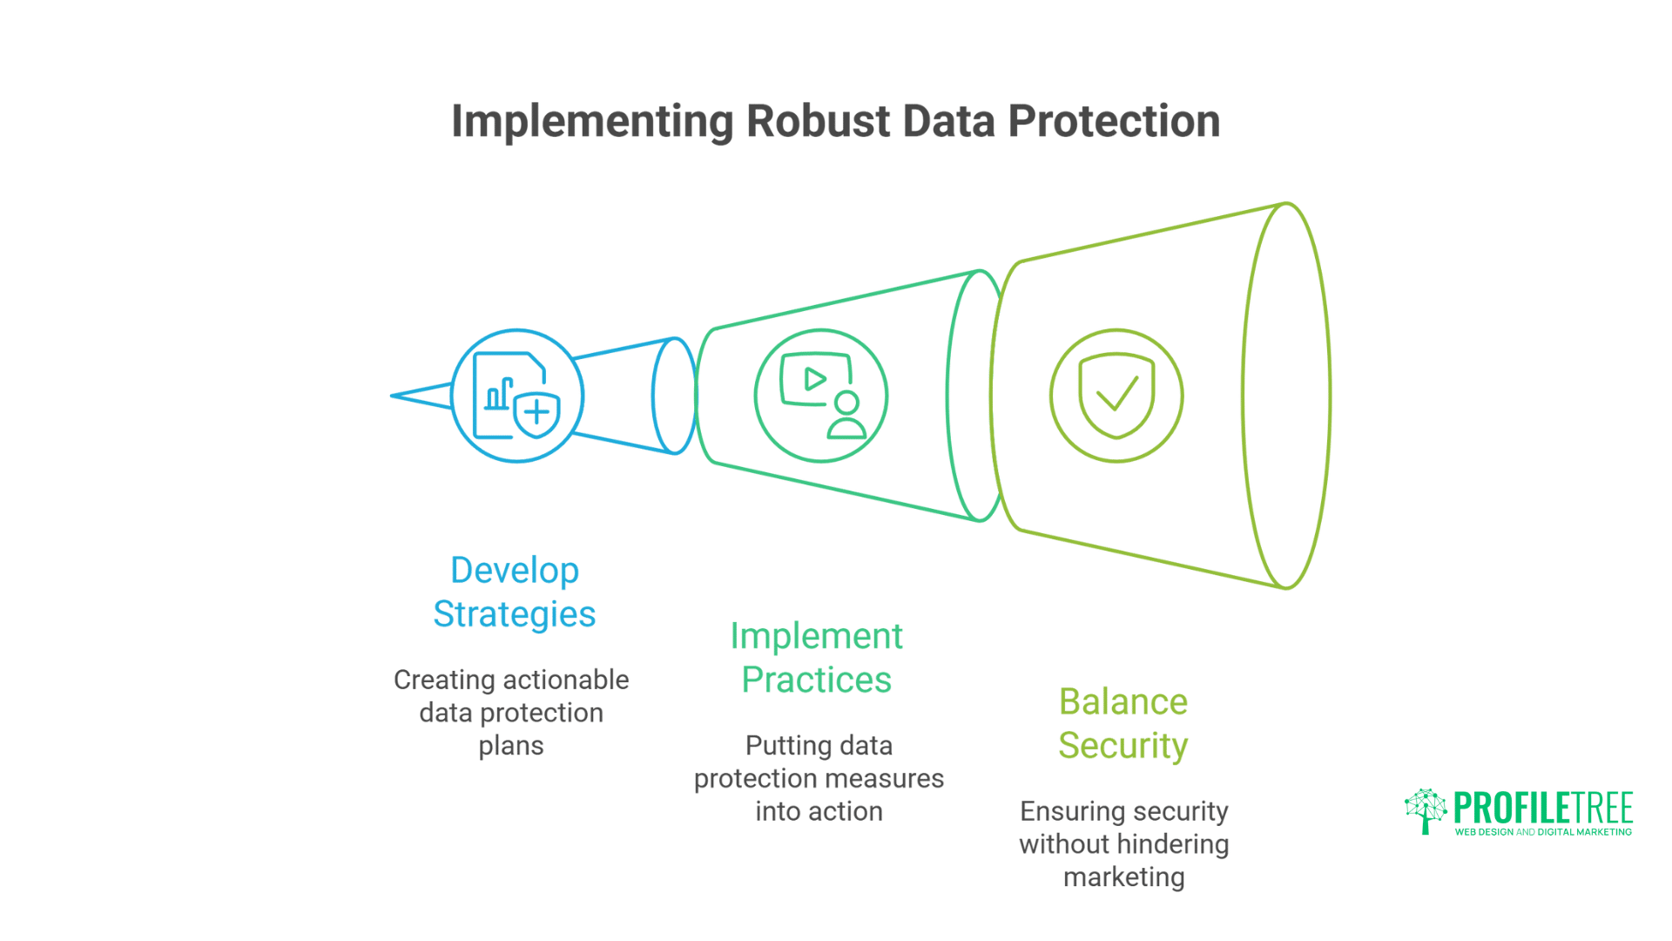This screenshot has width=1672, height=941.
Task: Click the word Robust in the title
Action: click(818, 121)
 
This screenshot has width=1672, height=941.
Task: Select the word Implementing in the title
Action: click(592, 121)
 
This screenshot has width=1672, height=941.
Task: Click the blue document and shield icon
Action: click(516, 396)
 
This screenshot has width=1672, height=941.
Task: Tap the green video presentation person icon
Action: click(820, 396)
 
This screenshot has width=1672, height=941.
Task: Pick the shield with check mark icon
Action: click(1116, 396)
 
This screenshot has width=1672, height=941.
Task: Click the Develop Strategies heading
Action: click(515, 592)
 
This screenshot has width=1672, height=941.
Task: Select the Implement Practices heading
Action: click(817, 658)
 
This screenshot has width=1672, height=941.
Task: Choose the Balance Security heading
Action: click(1123, 723)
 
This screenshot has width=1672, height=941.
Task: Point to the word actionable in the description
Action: click(552, 680)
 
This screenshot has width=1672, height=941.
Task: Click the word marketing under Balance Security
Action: click(1124, 877)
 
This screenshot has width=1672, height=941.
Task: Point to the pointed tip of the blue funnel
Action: click(394, 396)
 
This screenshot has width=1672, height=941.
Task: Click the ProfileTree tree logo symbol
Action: click(1426, 810)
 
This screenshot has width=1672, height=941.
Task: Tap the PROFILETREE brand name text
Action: click(1543, 809)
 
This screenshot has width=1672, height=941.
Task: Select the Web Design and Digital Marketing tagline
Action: click(1543, 832)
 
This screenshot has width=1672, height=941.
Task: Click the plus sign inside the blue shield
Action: click(537, 411)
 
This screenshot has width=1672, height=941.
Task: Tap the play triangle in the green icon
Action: click(815, 379)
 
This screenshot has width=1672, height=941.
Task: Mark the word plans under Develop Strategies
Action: click(511, 746)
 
